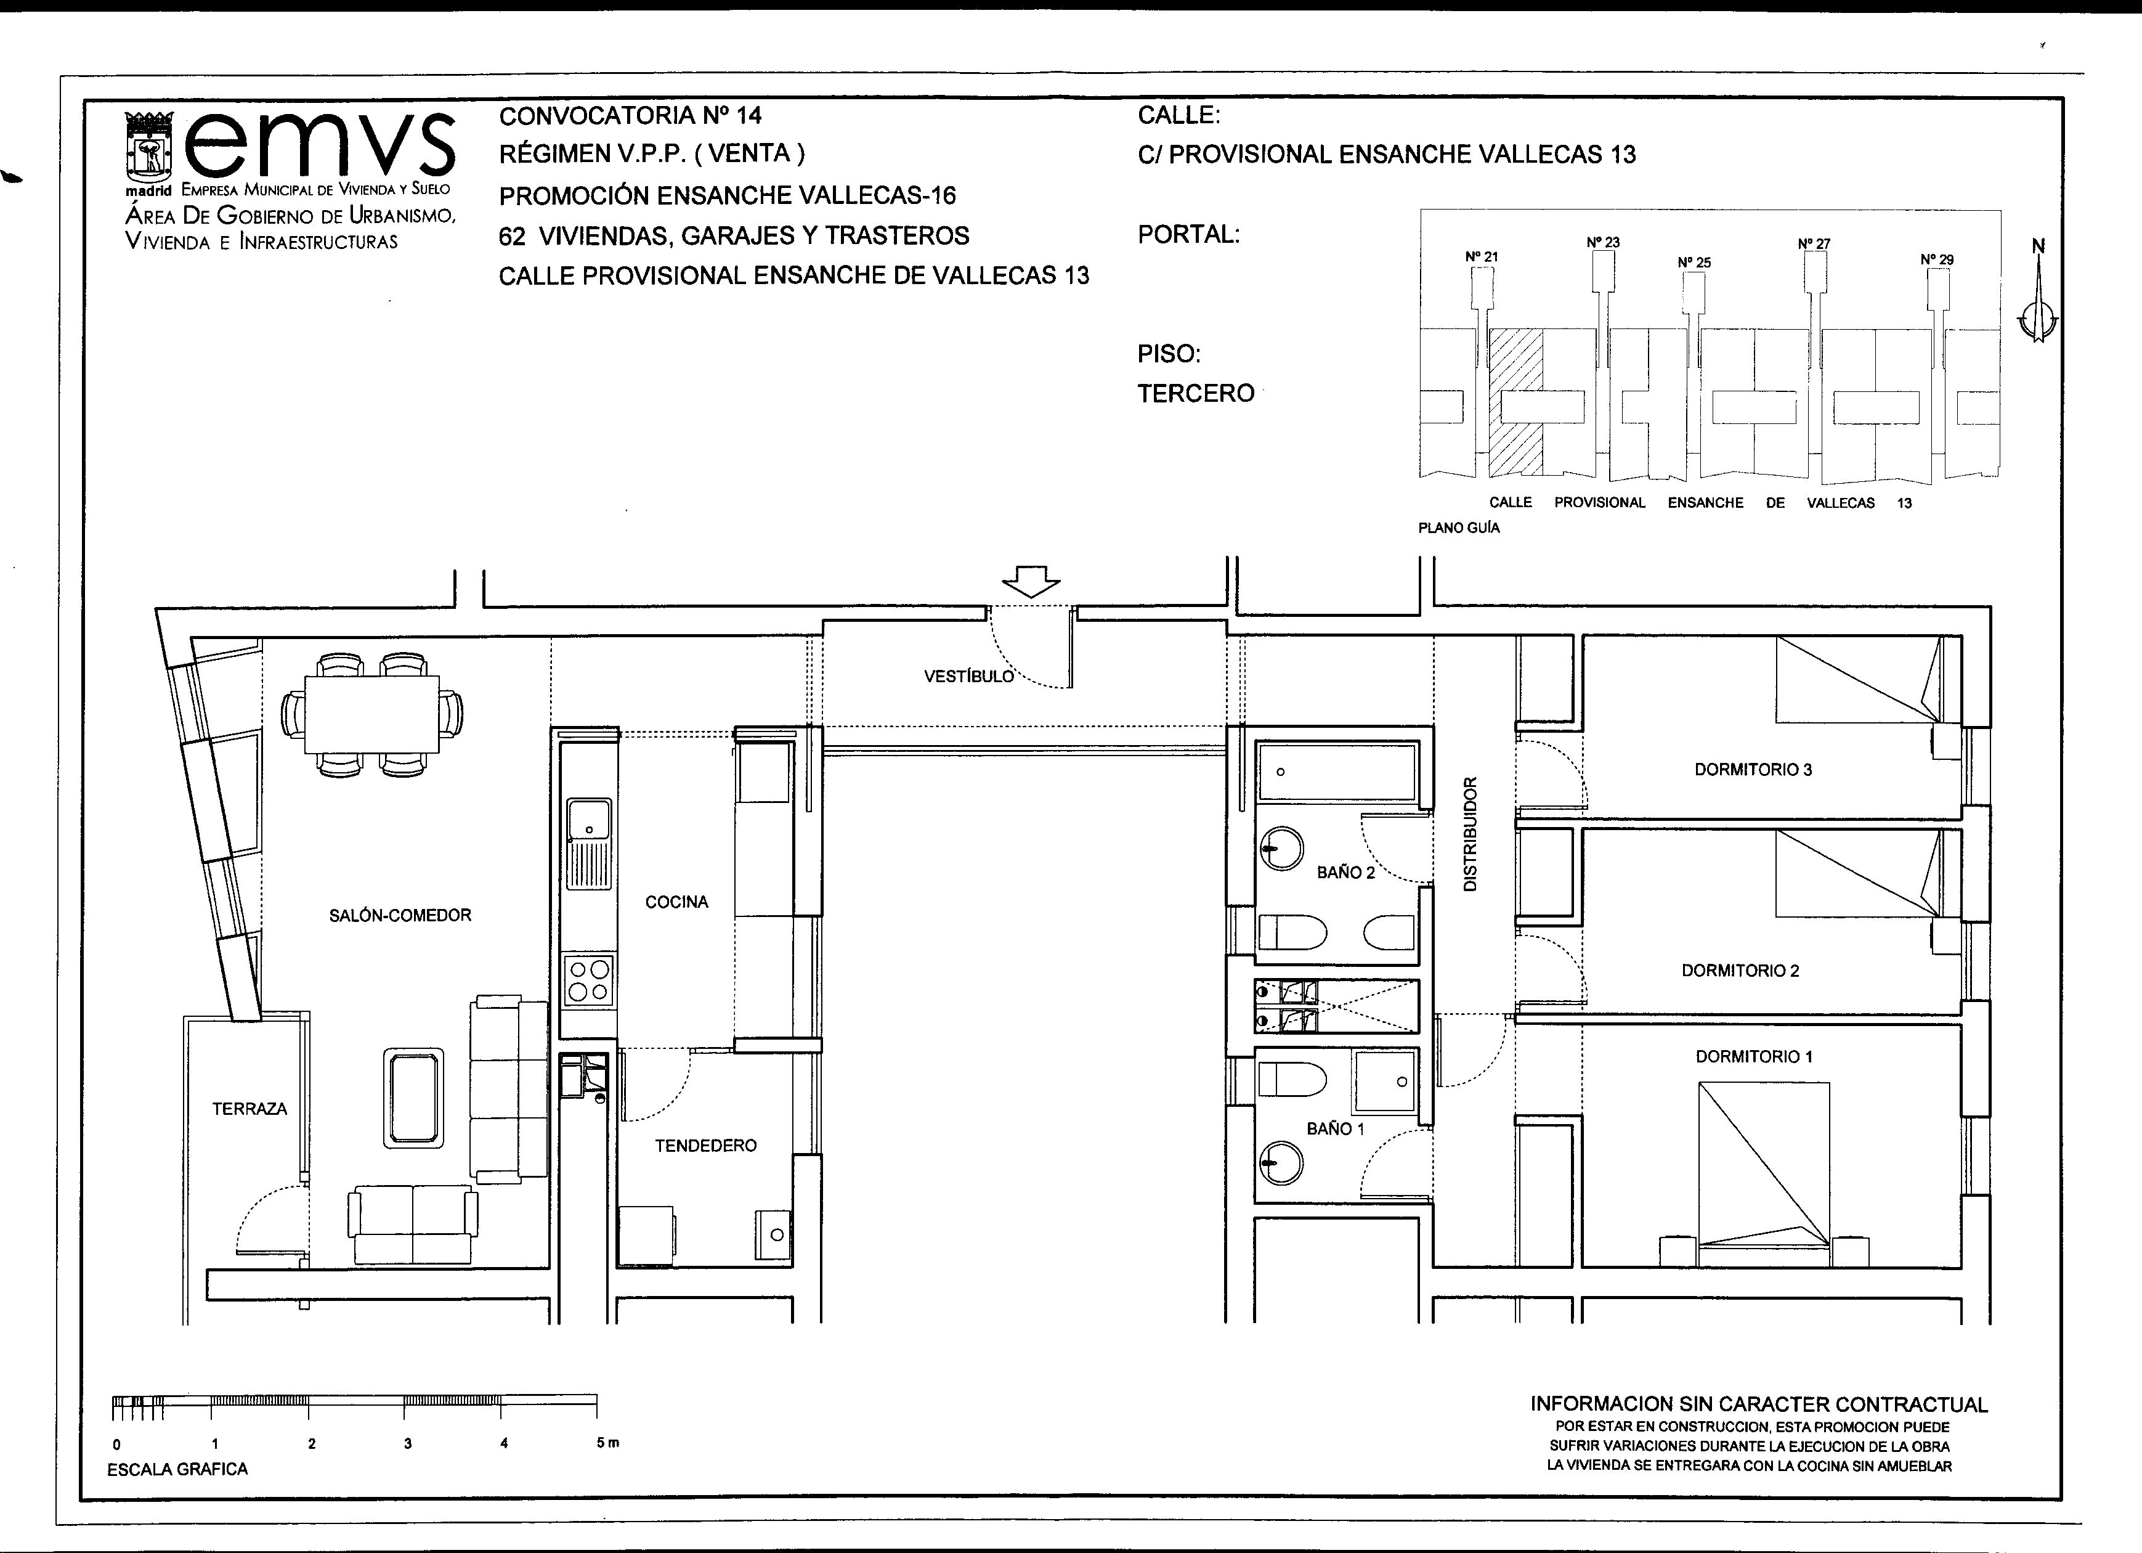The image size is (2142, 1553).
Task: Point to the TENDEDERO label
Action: click(705, 1145)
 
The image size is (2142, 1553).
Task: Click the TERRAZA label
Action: click(249, 1108)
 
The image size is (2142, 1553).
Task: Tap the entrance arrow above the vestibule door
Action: click(1031, 581)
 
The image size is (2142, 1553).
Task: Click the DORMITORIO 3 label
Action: click(1753, 769)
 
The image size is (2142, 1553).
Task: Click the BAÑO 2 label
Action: click(1346, 872)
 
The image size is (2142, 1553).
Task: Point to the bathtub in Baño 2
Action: click(1336, 771)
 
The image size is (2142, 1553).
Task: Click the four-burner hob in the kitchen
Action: click(588, 980)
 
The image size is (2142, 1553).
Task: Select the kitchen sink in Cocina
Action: click(588, 844)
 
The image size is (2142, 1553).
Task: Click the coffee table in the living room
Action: click(413, 1098)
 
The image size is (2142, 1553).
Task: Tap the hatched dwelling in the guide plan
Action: click(1516, 401)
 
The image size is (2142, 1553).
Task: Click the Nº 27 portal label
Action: click(1814, 243)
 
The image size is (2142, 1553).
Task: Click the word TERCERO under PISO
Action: click(1196, 393)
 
